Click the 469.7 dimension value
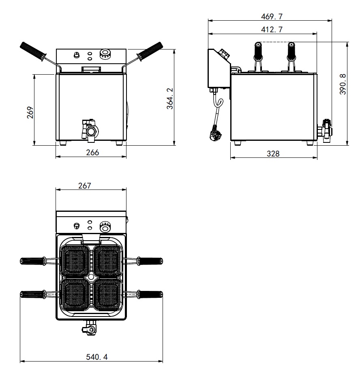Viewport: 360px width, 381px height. (272, 17)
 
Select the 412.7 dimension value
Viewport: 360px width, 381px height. (272, 30)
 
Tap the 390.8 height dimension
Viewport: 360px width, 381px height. (343, 84)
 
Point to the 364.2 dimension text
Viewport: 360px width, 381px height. (170, 99)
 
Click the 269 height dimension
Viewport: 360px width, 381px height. (30, 112)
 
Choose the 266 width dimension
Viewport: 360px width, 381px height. (92, 152)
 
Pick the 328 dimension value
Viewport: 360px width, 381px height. (273, 153)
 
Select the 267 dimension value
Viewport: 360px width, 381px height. (85, 186)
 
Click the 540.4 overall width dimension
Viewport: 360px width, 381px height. (97, 357)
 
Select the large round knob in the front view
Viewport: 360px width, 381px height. (105, 54)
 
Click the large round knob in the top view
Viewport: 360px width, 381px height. (105, 227)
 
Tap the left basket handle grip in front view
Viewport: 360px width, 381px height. (33, 52)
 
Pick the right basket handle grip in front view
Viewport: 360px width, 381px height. (150, 52)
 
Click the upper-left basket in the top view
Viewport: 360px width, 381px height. (75, 261)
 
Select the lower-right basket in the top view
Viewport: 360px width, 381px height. (107, 295)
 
